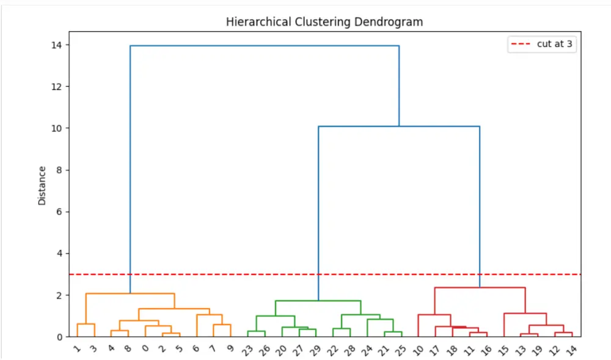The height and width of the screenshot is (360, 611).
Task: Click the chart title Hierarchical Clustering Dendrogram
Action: [324, 22]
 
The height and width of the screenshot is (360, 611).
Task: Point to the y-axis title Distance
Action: [42, 185]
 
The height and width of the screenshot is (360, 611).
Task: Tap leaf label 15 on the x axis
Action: [503, 350]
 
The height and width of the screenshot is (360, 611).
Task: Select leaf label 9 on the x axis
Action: [230, 349]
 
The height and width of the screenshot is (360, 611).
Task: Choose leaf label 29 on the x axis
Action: [315, 350]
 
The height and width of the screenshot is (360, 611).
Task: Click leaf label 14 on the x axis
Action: [571, 350]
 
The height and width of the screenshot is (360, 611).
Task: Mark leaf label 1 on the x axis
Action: [76, 349]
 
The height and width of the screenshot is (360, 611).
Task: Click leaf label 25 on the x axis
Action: [400, 350]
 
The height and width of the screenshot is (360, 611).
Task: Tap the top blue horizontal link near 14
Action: [264, 46]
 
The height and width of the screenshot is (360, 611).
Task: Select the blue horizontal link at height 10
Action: [398, 127]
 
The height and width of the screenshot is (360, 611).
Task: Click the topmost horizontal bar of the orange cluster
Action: [130, 294]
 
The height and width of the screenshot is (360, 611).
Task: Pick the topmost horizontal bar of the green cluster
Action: [318, 301]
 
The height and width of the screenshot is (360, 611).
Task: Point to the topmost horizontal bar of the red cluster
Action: [480, 287]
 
